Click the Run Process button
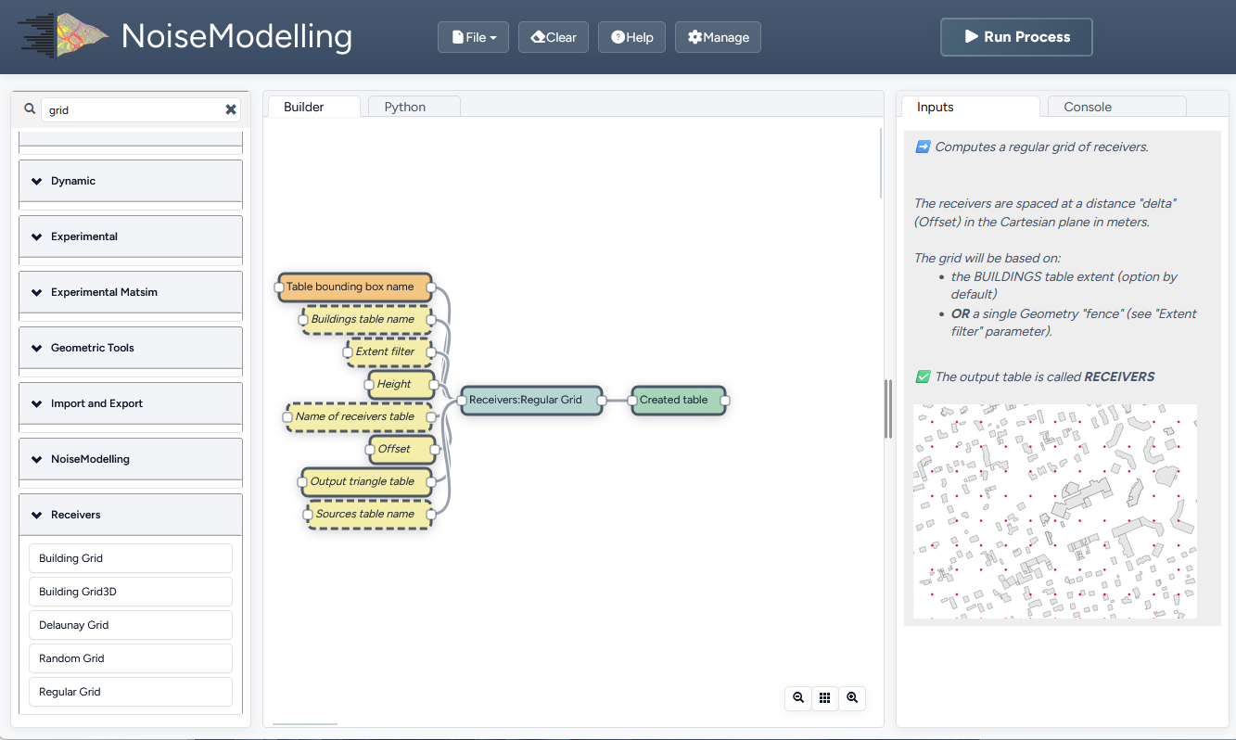coord(1016,37)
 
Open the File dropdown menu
coord(473,37)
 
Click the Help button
coord(631,37)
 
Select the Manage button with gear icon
coord(718,37)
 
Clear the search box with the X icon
coord(231,109)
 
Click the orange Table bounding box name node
coord(355,287)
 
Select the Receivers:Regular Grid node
coord(530,400)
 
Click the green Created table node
coord(678,400)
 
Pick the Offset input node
coord(401,449)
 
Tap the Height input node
coord(401,384)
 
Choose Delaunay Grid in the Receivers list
coord(130,625)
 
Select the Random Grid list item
coord(130,658)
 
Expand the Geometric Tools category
coord(130,348)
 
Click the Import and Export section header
coord(130,403)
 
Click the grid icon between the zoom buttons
coord(825,698)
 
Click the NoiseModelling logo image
coord(63,36)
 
